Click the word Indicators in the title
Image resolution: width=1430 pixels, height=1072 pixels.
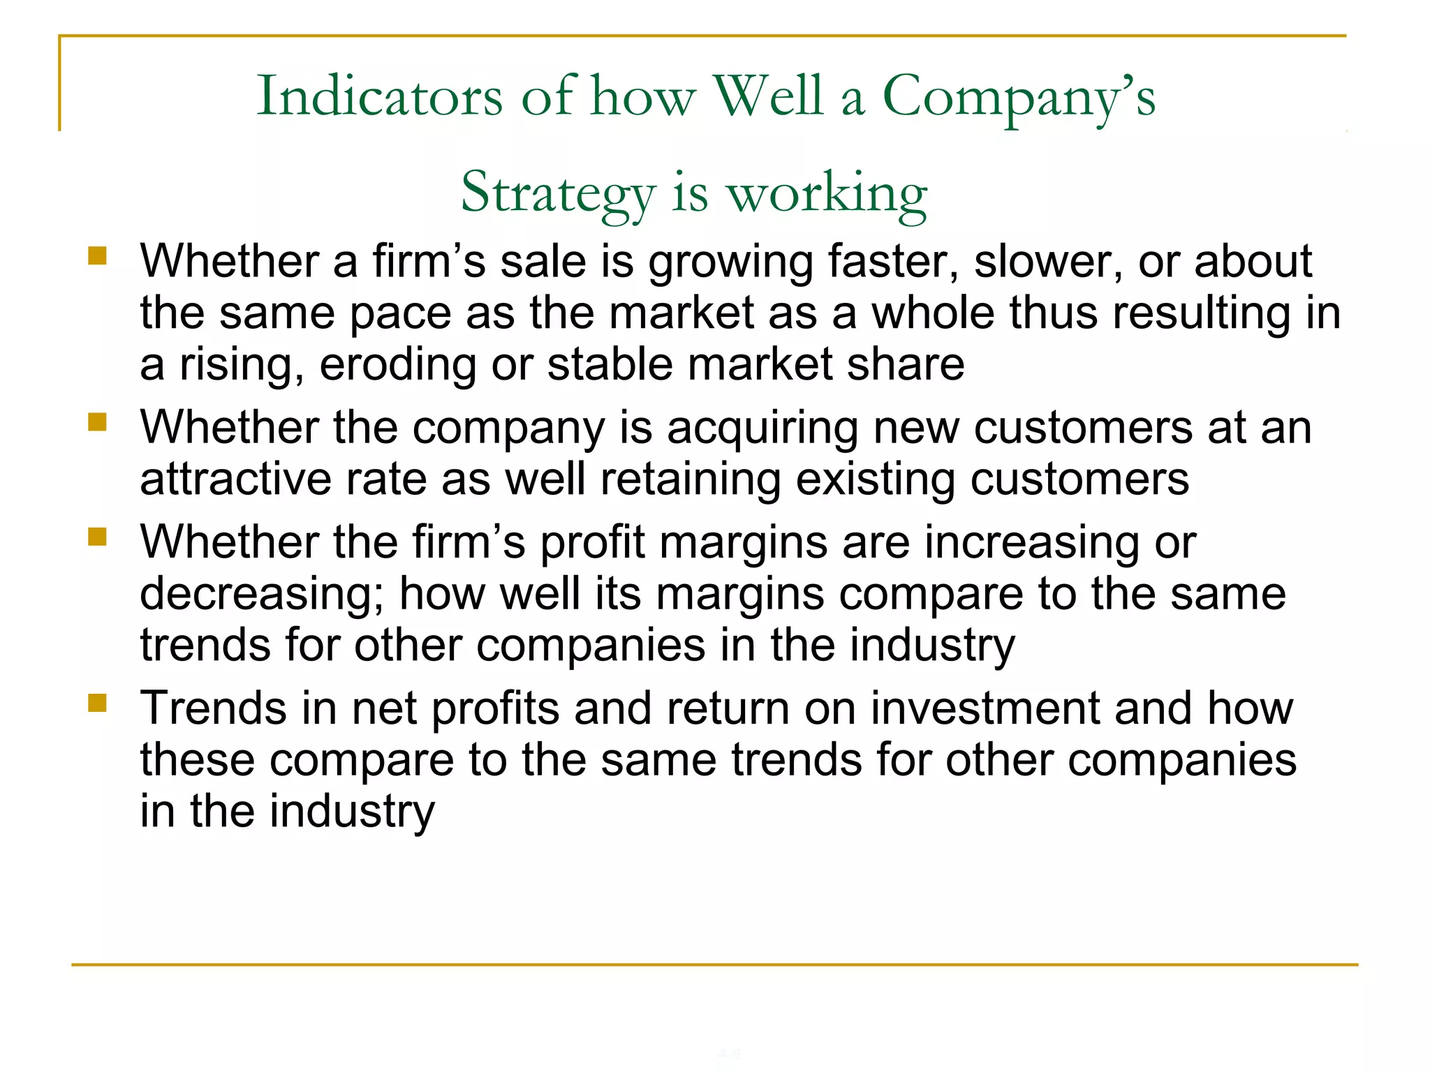(379, 96)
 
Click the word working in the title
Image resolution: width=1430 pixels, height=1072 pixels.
(827, 193)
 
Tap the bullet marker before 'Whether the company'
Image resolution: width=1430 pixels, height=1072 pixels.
(97, 422)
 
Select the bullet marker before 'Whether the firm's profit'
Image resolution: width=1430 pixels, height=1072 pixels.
(97, 537)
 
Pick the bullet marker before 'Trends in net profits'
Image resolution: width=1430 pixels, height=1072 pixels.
(97, 703)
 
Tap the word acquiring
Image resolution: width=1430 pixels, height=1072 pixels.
(762, 428)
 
